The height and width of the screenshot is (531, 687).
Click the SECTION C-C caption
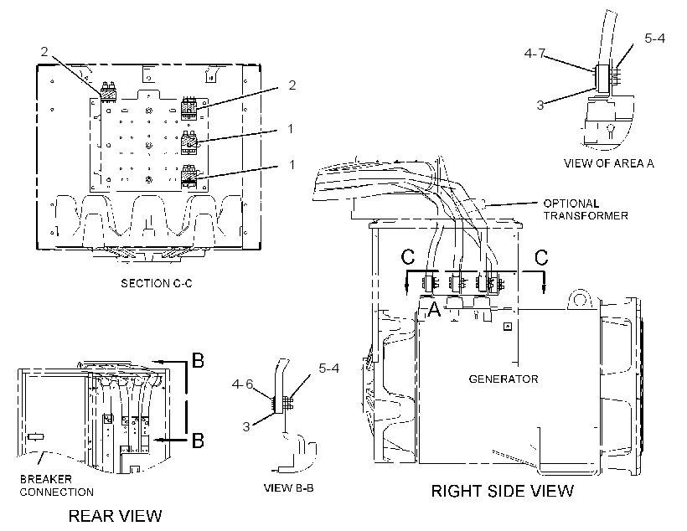(157, 283)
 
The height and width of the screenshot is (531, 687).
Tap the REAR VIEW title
(116, 516)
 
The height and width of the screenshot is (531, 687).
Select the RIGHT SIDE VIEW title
(503, 491)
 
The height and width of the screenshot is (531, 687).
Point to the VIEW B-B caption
(289, 487)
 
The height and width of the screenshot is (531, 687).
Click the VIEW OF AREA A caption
(608, 163)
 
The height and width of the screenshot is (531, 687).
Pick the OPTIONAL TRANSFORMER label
(586, 209)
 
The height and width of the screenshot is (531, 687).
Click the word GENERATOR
(504, 379)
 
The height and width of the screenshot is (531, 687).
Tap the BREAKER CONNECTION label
(56, 486)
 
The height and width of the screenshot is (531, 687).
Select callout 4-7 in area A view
(535, 54)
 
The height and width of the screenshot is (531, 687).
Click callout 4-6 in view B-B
(243, 384)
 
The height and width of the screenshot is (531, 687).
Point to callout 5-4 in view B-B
(328, 368)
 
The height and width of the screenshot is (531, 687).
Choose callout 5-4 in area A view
(654, 39)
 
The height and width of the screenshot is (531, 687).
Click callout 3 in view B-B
(246, 426)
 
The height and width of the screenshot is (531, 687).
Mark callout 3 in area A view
(540, 106)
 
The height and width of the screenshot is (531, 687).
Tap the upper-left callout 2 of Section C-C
(44, 52)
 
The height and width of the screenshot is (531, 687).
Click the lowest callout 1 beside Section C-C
(292, 165)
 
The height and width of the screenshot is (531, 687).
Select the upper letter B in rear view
(198, 360)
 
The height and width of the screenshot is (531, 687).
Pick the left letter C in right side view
(408, 257)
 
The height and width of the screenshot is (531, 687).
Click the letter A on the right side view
(434, 309)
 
